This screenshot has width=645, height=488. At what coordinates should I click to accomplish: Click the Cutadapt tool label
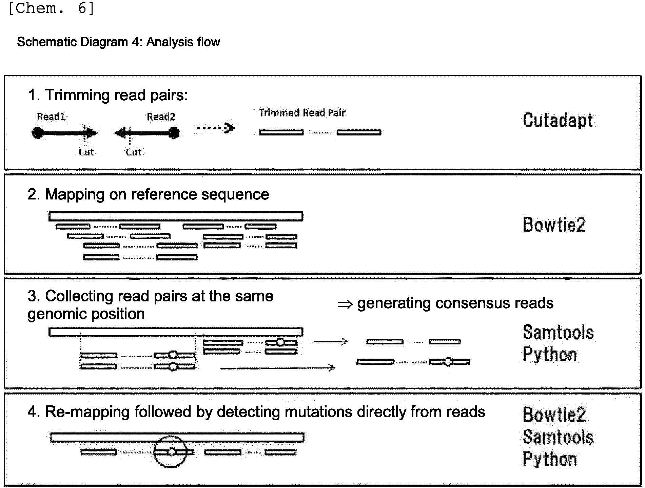[558, 121]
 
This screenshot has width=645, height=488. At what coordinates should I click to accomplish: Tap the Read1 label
[51, 117]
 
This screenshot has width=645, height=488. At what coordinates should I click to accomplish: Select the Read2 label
[161, 117]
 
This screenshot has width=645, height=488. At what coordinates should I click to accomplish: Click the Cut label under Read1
[86, 152]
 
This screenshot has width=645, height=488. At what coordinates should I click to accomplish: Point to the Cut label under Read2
[133, 152]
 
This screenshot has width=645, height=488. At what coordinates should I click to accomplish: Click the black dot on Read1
[38, 133]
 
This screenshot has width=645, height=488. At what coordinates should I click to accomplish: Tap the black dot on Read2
[174, 133]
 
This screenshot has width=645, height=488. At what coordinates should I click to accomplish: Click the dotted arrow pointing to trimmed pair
[216, 128]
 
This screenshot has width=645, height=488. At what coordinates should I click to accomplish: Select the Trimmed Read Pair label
[302, 113]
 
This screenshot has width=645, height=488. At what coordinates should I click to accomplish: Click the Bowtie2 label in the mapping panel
[554, 225]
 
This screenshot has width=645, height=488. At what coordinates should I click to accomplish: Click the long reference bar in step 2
[176, 216]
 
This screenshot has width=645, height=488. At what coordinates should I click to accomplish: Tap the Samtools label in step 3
[558, 332]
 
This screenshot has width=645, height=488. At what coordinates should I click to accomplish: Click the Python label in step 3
[550, 355]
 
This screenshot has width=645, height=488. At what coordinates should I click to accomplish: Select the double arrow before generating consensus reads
[345, 304]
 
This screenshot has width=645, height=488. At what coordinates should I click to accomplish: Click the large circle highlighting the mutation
[171, 436]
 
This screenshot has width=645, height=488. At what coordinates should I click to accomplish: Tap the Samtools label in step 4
[558, 437]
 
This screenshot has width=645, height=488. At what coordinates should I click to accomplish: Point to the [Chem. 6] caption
[51, 8]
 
